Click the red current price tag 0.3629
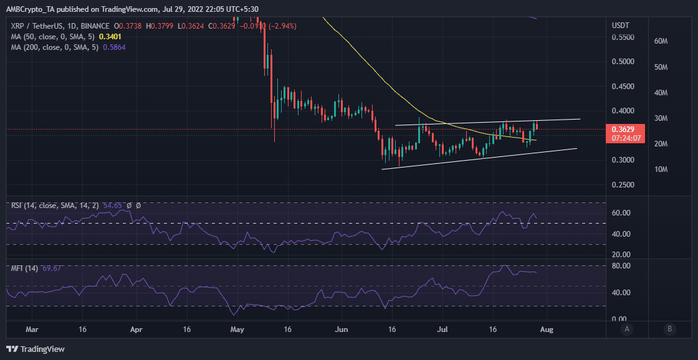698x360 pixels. coord(626,129)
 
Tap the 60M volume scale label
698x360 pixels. coord(661,41)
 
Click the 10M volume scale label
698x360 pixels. coord(661,169)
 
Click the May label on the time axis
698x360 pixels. coord(237,328)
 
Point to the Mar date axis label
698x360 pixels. coord(33,328)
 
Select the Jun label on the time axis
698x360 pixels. coord(341,328)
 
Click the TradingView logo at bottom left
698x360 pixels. coord(36,349)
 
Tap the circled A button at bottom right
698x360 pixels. coord(627,328)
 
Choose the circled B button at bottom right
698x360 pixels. coord(669,328)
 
